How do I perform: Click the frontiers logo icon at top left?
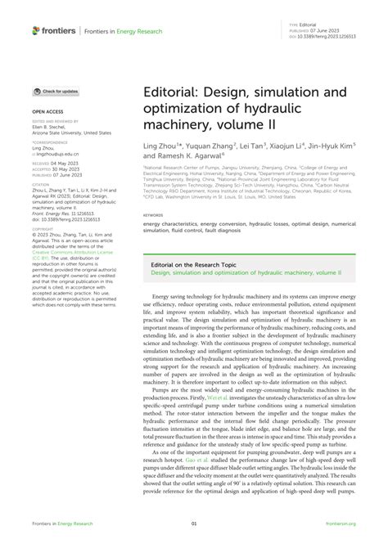pos(36,31)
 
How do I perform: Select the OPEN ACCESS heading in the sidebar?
pos(48,110)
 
